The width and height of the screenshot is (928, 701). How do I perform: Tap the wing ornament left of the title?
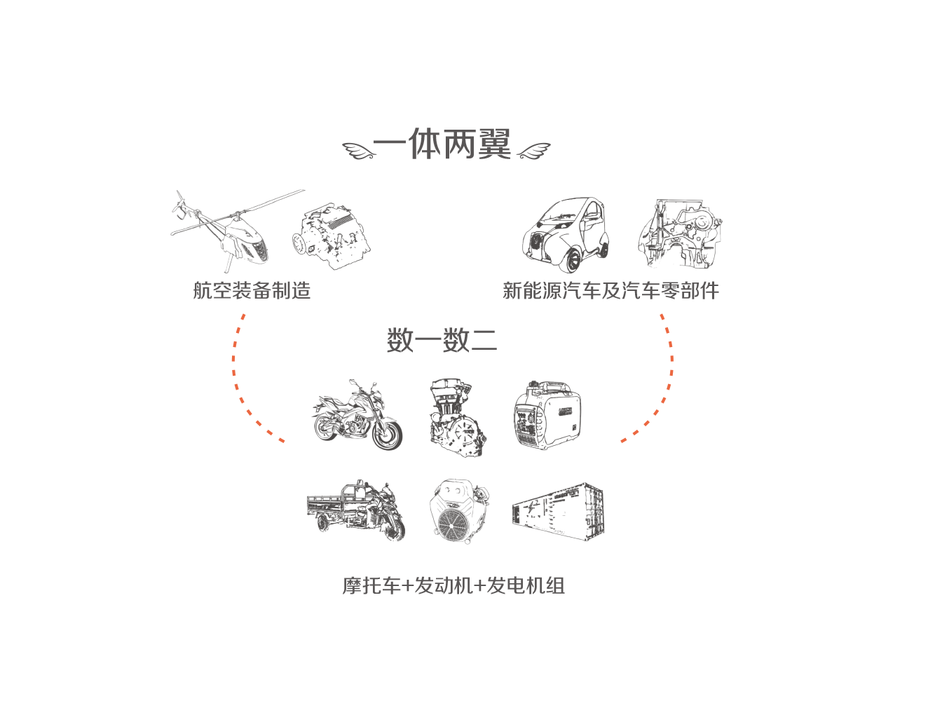[359, 151]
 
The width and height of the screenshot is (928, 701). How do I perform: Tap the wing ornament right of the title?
[533, 151]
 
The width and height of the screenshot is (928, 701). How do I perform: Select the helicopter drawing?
[237, 231]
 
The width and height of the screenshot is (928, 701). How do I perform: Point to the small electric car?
[565, 235]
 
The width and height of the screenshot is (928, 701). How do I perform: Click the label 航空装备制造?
[252, 290]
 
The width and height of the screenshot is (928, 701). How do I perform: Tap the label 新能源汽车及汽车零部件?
[610, 290]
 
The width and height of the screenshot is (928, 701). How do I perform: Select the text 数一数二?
[442, 340]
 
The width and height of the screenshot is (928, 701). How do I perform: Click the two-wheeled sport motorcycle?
[357, 415]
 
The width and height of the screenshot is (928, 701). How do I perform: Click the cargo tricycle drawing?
[356, 510]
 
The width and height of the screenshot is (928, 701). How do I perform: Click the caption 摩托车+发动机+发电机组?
[453, 586]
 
